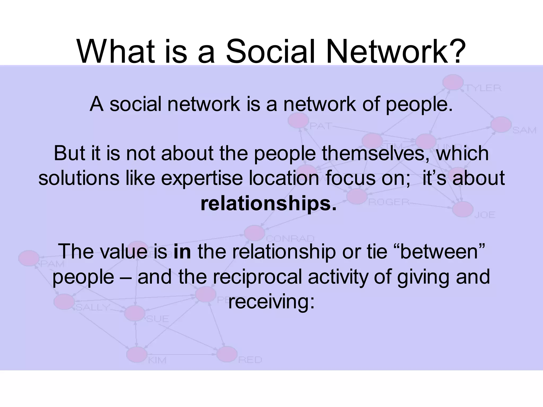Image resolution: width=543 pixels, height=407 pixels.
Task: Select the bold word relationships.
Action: pyautogui.click(x=268, y=204)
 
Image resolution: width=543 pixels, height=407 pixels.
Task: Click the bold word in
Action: pyautogui.click(x=182, y=251)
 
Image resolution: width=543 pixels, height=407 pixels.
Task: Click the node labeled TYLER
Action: pyautogui.click(x=453, y=82)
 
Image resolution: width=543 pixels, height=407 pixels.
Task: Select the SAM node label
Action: pyautogui.click(x=524, y=130)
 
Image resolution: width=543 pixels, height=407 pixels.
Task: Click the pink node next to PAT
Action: pyautogui.click(x=299, y=121)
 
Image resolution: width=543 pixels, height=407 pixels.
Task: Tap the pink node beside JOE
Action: pyautogui.click(x=463, y=209)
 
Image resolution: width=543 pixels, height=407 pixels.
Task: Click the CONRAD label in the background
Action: pyautogui.click(x=290, y=238)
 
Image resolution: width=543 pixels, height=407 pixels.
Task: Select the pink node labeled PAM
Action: pyautogui.click(x=29, y=258)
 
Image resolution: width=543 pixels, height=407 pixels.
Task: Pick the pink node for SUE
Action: pyautogui.click(x=135, y=313)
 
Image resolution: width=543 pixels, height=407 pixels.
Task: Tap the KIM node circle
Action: pyautogui.click(x=137, y=354)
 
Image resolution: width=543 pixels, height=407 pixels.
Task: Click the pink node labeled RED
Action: pyautogui.click(x=227, y=354)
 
